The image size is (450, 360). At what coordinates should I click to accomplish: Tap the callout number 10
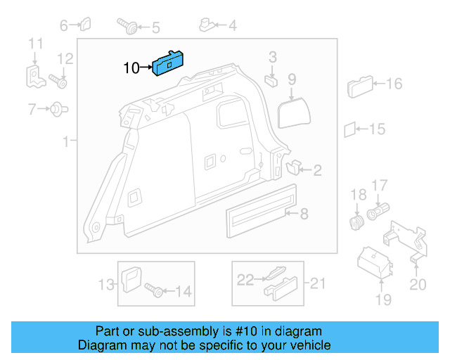[131, 68]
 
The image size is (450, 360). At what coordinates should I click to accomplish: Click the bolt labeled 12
[59, 82]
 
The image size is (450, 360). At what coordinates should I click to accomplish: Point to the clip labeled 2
[293, 167]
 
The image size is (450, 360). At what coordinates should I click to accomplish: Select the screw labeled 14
[153, 288]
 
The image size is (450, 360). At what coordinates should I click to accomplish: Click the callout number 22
[243, 280]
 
